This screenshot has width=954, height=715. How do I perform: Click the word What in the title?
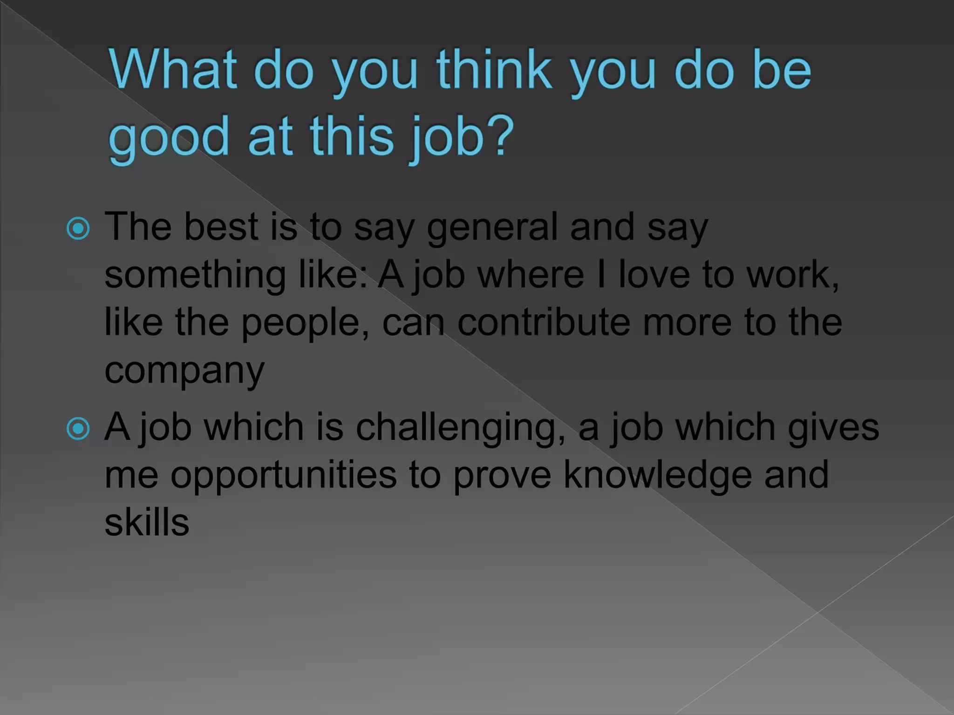coord(173,70)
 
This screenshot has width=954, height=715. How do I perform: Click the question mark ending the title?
coord(502,136)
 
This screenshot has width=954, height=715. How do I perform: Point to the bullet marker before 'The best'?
coord(78,229)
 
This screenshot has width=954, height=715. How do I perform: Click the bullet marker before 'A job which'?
coord(78,429)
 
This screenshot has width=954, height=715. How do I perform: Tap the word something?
coord(195,276)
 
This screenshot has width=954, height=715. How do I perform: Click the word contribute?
coord(544,323)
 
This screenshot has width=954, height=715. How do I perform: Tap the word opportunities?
coord(283,476)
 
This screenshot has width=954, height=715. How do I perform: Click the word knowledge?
coord(657,475)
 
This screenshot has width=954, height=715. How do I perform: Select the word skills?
coord(147,522)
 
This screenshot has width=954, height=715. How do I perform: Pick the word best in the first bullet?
coord(221,227)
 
